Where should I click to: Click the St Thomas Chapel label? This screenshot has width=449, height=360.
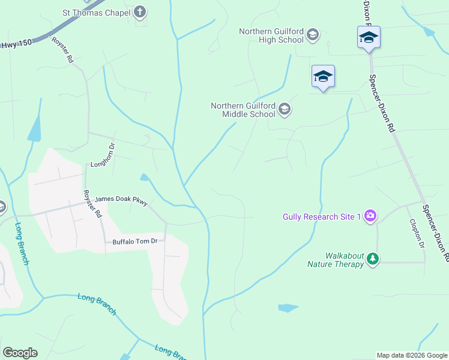tap(97, 12)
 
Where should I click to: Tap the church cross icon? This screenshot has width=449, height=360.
tap(140, 11)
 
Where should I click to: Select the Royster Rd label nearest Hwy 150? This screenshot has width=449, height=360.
tap(62, 51)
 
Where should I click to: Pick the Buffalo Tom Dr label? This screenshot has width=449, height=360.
tap(134, 241)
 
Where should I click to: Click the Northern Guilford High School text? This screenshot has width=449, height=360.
tap(271, 35)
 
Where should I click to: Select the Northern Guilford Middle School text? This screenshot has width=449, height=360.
tap(243, 110)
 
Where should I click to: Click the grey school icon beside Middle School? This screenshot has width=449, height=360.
tap(285, 109)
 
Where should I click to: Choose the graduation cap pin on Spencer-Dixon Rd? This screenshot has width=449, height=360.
tap(369, 38)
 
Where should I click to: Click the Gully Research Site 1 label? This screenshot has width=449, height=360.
tap(322, 216)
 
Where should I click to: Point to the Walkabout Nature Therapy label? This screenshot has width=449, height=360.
tap(336, 259)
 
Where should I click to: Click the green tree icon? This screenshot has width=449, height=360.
tap(373, 259)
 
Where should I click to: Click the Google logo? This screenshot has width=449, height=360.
tap(20, 353)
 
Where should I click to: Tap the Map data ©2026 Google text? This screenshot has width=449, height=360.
tap(412, 355)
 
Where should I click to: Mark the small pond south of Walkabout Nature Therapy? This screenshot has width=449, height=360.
tap(288, 308)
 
